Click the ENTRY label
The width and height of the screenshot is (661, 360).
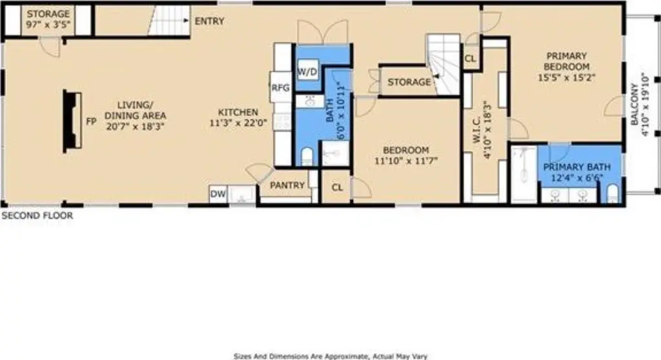tap(209, 21)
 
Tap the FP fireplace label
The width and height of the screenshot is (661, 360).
tap(91, 121)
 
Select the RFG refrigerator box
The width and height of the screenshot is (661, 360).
tap(281, 87)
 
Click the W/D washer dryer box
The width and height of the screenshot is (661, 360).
tap(307, 72)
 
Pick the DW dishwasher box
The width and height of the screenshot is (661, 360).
tap(218, 194)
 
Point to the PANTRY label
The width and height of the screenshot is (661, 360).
tap(287, 185)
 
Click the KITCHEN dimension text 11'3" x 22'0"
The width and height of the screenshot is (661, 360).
tap(238, 123)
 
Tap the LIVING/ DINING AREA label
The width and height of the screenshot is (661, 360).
tap(136, 110)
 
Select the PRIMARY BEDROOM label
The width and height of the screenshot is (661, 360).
tap(566, 61)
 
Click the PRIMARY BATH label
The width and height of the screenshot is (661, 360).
tap(576, 167)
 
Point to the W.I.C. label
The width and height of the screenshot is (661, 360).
tap(477, 130)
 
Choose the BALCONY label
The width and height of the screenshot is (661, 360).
tap(635, 104)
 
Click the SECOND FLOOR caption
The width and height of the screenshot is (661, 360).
tap(37, 215)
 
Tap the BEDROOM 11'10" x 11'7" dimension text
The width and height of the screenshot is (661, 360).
tap(406, 161)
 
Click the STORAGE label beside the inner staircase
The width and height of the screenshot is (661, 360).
tap(409, 82)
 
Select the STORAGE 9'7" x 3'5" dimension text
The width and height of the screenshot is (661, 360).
tap(48, 25)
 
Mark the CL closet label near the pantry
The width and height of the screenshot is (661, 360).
tap(337, 188)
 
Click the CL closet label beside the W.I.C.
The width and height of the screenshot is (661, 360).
tap(470, 58)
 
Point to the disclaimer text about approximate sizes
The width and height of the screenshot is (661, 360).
tap(330, 356)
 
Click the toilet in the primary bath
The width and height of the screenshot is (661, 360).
tap(613, 194)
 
